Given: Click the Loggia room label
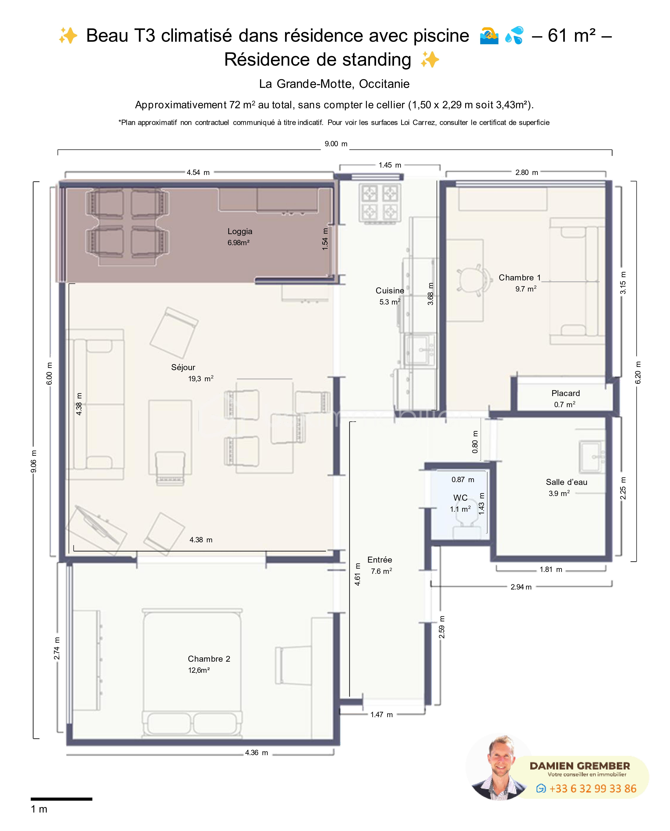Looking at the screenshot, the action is [x=240, y=231].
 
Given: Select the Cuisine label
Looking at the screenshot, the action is [x=390, y=290].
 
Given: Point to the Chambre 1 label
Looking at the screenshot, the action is [x=520, y=278].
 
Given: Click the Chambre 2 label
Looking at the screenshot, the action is [x=209, y=659].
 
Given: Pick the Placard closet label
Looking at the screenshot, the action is [x=565, y=393].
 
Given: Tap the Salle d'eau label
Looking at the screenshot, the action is [x=566, y=482].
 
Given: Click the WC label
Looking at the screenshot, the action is [x=460, y=498].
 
